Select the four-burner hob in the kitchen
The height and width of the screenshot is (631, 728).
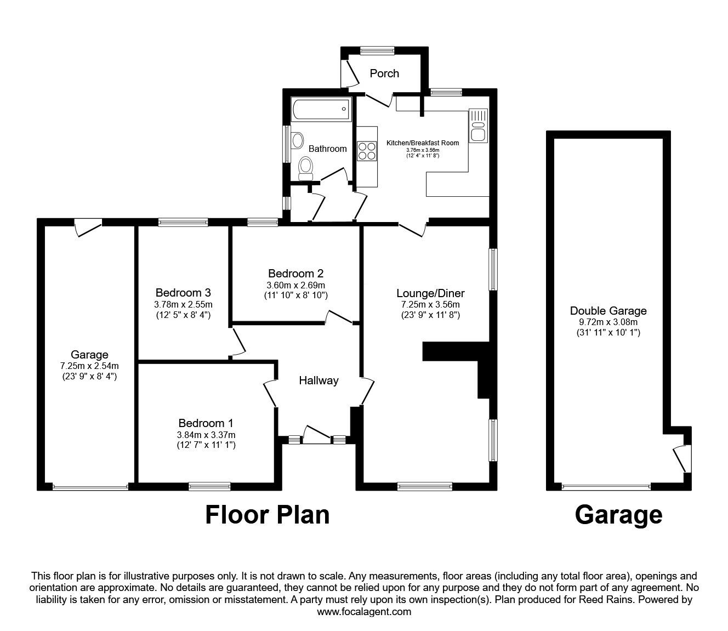[x=367, y=151]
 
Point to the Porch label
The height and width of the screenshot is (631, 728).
[x=384, y=73]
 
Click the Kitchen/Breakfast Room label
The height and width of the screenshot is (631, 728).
[x=423, y=143]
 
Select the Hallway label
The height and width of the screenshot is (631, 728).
[x=318, y=380]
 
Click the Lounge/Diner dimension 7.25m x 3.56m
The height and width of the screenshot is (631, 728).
[x=430, y=305]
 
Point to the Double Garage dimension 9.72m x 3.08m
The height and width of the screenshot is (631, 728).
[x=608, y=322]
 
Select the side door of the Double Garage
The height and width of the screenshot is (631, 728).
[x=681, y=458]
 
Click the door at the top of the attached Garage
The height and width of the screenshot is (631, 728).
[x=88, y=227]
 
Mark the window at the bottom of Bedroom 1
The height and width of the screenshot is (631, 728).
[x=209, y=486]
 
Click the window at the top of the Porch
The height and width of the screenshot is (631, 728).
[x=377, y=50]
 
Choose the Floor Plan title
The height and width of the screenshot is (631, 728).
[x=268, y=515]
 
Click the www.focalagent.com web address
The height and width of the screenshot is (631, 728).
[x=364, y=612]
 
